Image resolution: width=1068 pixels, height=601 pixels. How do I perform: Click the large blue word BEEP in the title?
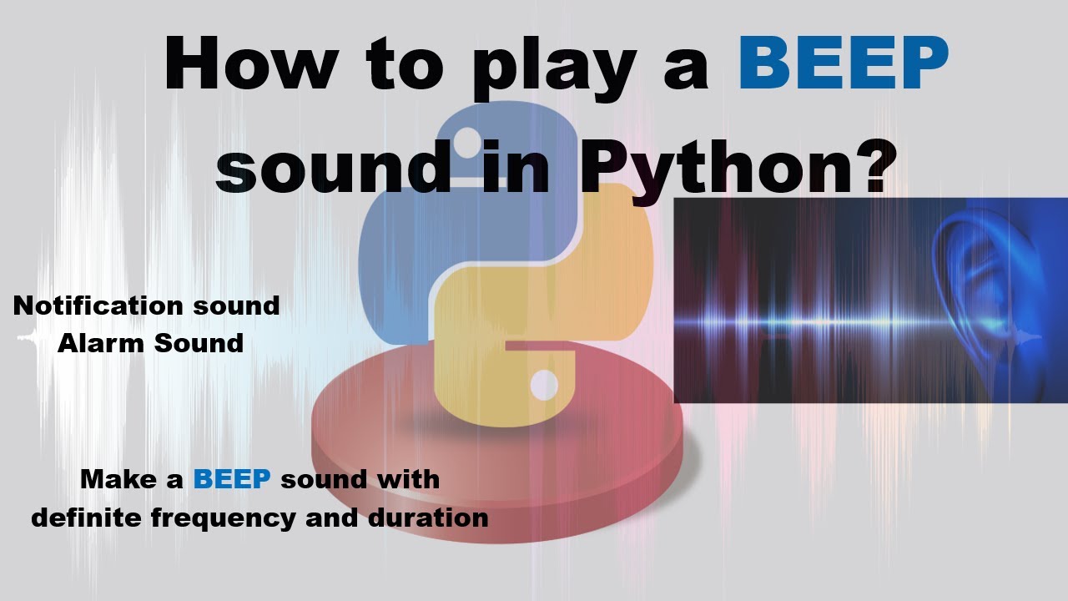[x=844, y=65]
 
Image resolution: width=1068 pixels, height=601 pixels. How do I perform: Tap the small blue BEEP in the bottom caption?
[x=232, y=479]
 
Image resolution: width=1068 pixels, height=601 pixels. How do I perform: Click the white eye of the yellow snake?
[x=544, y=384]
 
